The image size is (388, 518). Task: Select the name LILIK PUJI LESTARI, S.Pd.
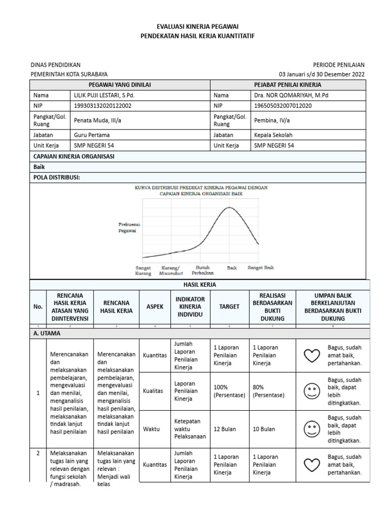coord(105,95)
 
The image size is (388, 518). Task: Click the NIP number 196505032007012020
coord(283,106)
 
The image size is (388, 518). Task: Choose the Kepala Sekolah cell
coord(273,135)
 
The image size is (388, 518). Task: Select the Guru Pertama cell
coord(91,135)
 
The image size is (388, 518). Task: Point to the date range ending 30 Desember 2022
coord(325,74)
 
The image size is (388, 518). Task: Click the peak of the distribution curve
coord(230,207)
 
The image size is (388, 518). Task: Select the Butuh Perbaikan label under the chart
coord(203,270)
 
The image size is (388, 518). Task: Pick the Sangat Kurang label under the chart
coord(143,270)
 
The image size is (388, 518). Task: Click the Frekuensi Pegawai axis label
coord(129,227)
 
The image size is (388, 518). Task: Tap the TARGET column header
coord(229,307)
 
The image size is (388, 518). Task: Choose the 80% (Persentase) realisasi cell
coord(269,391)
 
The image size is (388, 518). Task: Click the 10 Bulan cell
coord(264,429)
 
